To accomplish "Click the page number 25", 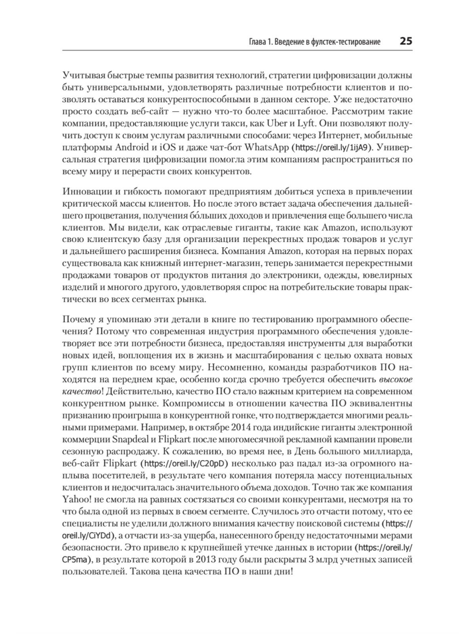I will (x=406, y=41).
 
